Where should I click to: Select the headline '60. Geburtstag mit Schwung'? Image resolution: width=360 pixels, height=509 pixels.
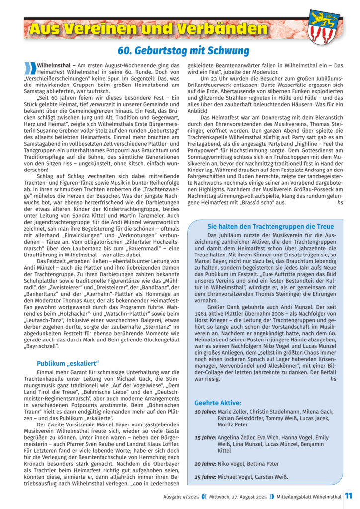pos(183,51)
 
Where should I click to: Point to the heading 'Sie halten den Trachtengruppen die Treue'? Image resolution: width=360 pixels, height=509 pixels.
pos(270,226)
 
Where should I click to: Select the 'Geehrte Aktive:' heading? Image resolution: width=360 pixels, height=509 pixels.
pos(218,403)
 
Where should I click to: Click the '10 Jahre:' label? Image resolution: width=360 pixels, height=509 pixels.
pos(205,412)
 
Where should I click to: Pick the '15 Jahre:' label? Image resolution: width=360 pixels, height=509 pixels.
pos(205,438)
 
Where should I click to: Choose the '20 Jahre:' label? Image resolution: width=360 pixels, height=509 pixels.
pos(205,464)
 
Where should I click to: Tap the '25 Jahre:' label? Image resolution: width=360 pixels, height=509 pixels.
pos(205,477)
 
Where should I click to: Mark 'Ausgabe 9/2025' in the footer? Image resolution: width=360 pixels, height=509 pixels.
pos(181,496)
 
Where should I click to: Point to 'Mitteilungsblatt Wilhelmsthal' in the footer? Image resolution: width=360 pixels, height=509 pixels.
pos(309,496)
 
